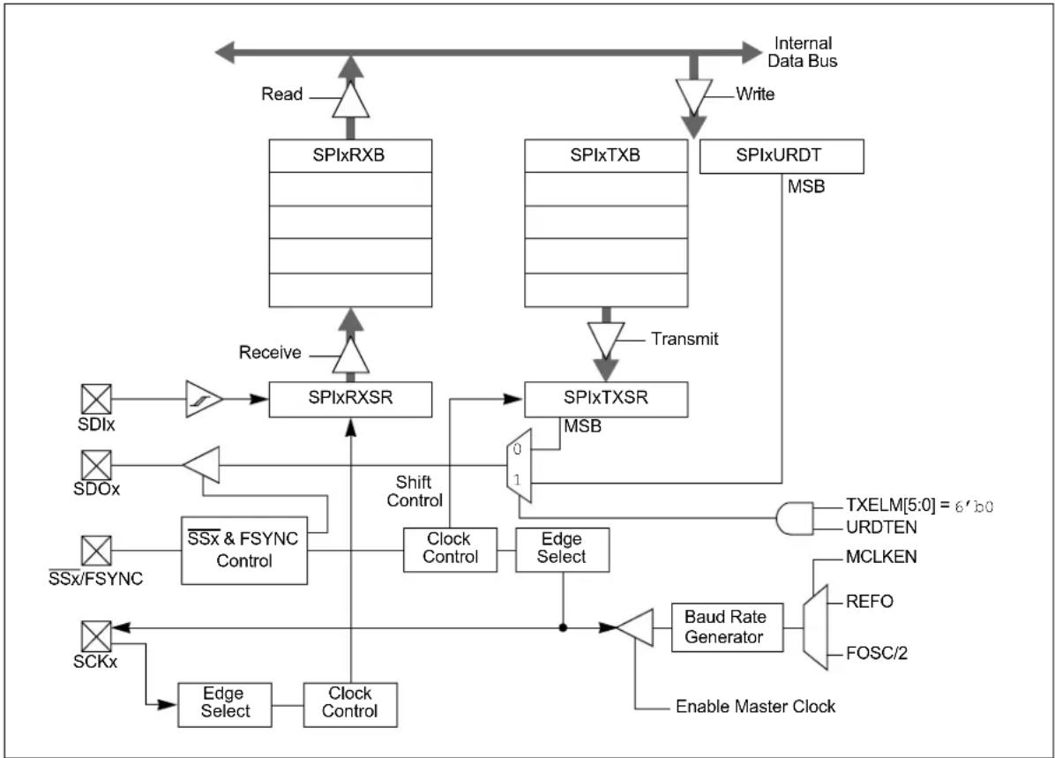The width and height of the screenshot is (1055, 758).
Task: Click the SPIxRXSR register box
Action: (350, 399)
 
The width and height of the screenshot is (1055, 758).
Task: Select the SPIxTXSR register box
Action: (605, 399)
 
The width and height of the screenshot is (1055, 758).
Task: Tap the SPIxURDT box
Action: (782, 156)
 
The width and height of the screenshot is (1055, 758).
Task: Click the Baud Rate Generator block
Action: (728, 627)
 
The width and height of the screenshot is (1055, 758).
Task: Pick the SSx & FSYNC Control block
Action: (244, 551)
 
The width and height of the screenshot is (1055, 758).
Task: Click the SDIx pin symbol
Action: (96, 399)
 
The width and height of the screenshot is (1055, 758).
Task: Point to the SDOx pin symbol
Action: (96, 465)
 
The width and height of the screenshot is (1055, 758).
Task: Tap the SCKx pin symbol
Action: (96, 636)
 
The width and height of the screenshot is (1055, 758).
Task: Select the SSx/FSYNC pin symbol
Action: (96, 551)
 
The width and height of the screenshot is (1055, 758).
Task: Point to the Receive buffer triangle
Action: (350, 355)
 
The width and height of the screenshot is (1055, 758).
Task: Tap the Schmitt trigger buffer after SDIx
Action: (203, 399)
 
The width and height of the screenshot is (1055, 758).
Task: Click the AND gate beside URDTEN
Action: (795, 518)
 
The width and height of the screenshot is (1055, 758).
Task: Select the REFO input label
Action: (869, 601)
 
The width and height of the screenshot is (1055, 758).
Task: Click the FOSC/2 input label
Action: (877, 653)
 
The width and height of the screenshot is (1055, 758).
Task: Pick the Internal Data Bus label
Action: (803, 52)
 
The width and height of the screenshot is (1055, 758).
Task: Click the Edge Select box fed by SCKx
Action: (225, 705)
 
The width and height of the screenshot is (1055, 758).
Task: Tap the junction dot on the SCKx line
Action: (563, 628)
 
